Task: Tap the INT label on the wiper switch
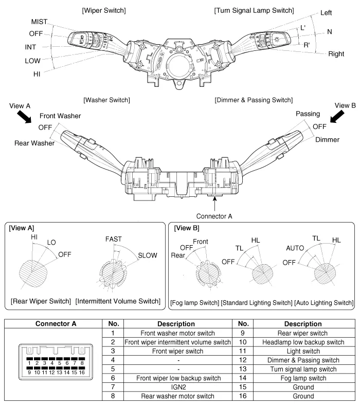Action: click(30, 47)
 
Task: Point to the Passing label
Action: click(308, 114)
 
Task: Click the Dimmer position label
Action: click(327, 139)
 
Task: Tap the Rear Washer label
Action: click(34, 143)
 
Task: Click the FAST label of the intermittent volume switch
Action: click(114, 239)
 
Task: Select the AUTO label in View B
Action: click(294, 247)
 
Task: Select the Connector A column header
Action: click(53, 324)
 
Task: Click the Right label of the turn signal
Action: click(336, 54)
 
